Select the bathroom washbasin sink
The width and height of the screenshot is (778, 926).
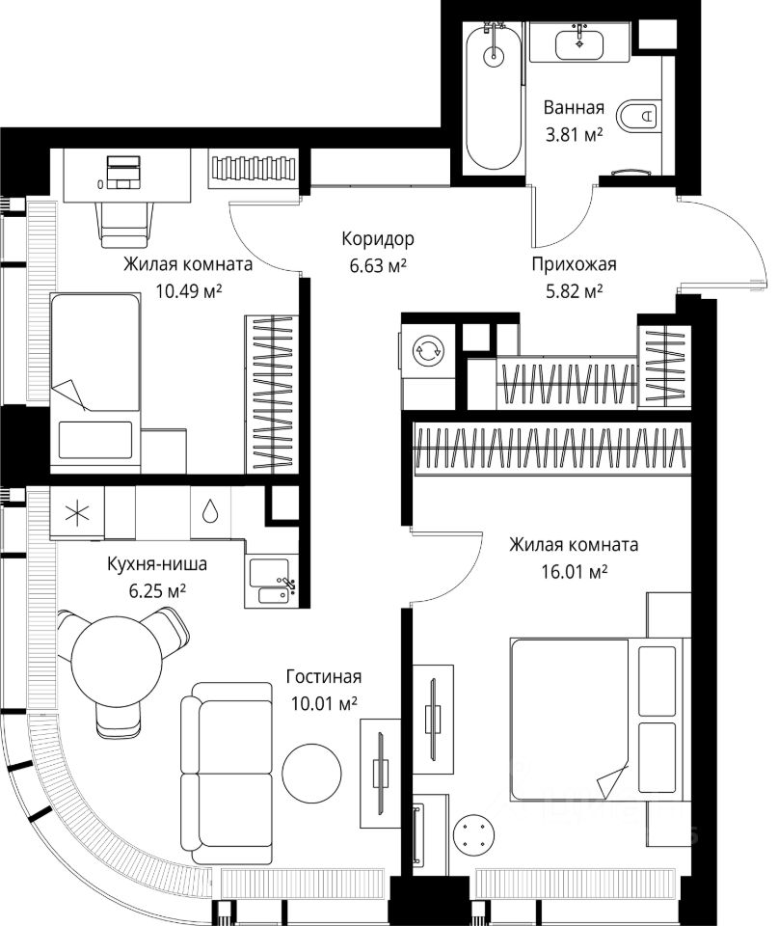[579, 42]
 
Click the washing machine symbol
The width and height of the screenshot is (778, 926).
[426, 351]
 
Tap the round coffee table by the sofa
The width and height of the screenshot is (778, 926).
[311, 771]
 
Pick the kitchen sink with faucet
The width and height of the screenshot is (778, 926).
[274, 579]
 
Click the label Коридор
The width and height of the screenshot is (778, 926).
[378, 238]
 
